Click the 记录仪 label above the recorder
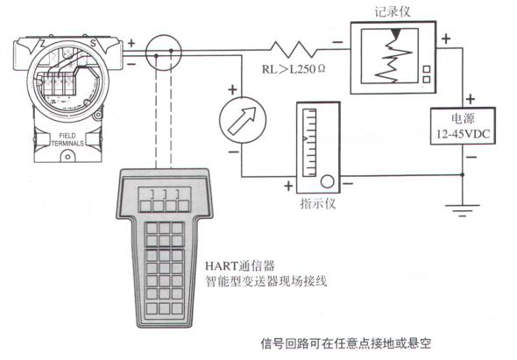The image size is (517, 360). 393,11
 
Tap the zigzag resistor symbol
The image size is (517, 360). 294,50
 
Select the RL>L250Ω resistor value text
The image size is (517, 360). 294,69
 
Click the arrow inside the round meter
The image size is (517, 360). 243,121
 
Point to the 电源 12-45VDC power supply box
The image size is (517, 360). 463,125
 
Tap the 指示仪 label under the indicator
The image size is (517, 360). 318,204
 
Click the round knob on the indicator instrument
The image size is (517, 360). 327,181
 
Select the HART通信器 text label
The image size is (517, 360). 240,265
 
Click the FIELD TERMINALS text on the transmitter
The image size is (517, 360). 67,139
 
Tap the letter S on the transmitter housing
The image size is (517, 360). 93,43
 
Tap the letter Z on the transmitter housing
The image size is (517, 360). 42,43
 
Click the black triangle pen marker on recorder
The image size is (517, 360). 396,32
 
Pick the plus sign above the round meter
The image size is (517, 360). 233,89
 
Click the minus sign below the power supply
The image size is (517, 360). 472,157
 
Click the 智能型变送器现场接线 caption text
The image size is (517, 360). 266,281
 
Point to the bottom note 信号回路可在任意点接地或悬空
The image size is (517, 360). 346,343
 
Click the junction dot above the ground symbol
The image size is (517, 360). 463,174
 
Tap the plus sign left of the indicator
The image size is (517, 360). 288,187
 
